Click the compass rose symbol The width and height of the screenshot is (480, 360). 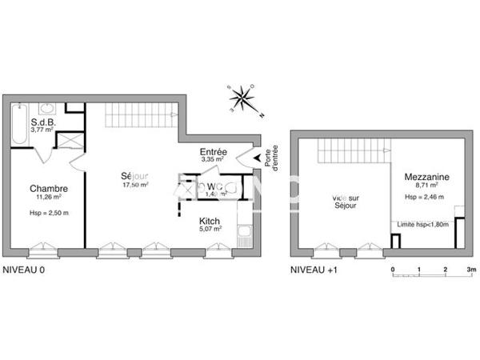click(243, 99)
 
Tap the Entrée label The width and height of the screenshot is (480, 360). click(214, 152)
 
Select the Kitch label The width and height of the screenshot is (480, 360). click(210, 219)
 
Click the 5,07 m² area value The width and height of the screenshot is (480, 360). click(210, 229)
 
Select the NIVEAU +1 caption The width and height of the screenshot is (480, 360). click(314, 270)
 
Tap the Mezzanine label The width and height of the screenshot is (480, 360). click(426, 177)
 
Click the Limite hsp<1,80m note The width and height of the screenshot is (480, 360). click(423, 225)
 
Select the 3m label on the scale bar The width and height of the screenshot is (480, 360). click(471, 270)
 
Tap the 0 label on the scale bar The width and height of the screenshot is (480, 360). click(393, 270)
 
